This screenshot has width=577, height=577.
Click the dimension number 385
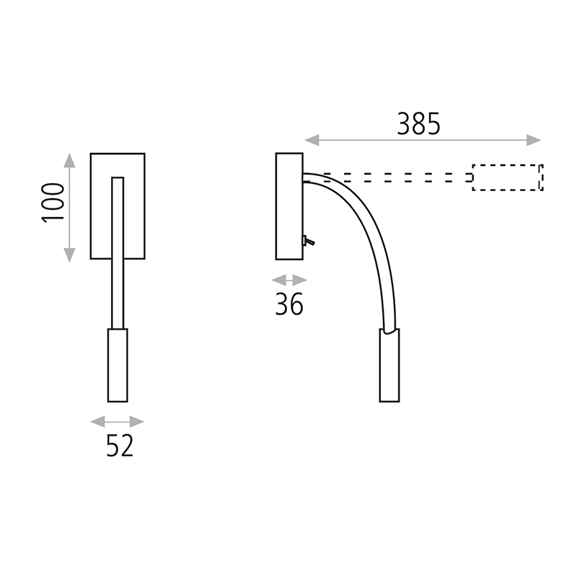(418, 125)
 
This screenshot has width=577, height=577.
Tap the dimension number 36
(289, 305)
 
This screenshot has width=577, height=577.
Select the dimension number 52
(120, 447)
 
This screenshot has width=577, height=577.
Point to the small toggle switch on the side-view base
(307, 242)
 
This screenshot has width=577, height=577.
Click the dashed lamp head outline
(507, 177)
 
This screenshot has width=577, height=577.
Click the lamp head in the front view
(118, 365)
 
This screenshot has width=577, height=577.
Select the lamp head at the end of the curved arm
(389, 366)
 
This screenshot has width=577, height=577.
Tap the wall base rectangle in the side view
(289, 206)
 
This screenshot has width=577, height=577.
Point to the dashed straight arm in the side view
(389, 177)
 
